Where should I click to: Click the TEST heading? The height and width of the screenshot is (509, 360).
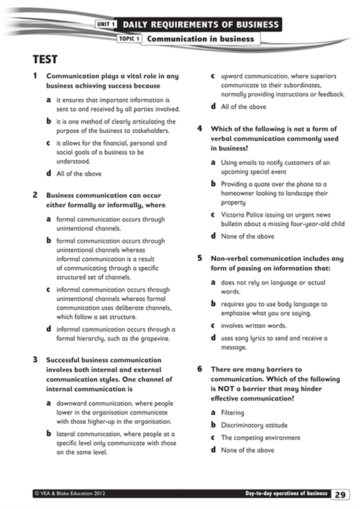click(45, 59)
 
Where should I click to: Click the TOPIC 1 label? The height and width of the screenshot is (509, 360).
click(128, 39)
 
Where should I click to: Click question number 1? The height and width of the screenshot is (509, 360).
click(36, 76)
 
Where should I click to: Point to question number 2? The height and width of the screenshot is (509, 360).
click(36, 195)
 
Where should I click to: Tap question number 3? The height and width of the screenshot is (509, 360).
click(36, 359)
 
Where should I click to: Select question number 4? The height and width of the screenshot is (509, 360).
click(200, 129)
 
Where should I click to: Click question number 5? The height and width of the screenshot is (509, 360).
click(200, 257)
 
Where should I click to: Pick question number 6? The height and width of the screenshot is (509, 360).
click(200, 369)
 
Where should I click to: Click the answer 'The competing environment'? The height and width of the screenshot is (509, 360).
click(260, 438)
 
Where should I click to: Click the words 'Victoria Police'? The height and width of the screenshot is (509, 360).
click(244, 215)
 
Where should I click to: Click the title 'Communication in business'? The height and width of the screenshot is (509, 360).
click(200, 39)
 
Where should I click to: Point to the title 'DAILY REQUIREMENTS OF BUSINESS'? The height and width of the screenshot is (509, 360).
click(200, 25)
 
